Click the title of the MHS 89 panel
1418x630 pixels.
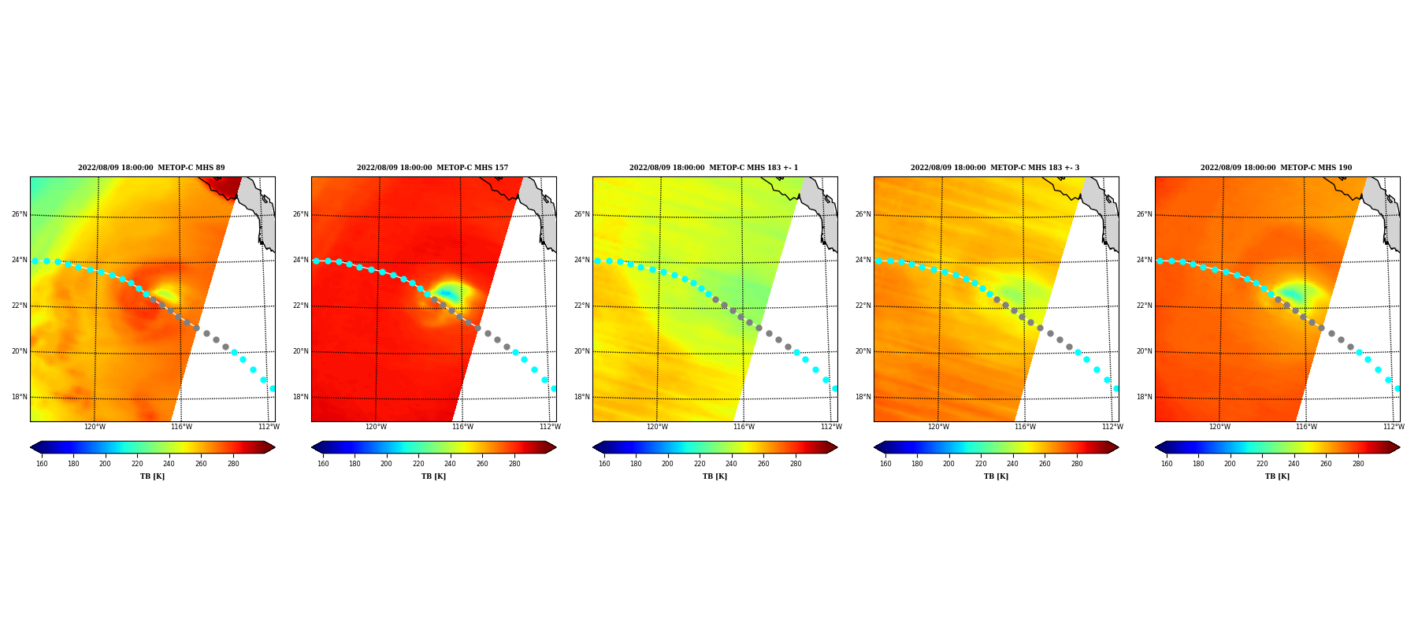coord(151,168)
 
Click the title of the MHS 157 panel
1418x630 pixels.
coord(432,168)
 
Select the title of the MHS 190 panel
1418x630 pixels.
coord(1276,168)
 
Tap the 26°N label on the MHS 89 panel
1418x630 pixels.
coord(19,214)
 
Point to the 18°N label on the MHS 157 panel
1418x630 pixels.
coord(300,397)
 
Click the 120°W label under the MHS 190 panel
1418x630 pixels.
coord(1219,427)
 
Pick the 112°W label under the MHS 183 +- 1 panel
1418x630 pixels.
coord(831,427)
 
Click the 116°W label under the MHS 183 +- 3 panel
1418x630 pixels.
coord(1025,427)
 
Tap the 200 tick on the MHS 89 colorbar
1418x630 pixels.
coord(105,464)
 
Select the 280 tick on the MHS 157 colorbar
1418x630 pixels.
coord(514,464)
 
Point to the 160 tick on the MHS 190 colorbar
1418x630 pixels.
coord(1167,464)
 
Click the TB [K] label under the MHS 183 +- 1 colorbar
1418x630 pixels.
coord(715,476)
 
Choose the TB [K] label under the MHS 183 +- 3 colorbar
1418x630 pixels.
coord(996,476)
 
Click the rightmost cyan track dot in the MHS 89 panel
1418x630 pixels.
coord(273,388)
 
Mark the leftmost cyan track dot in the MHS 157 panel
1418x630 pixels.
coord(316,261)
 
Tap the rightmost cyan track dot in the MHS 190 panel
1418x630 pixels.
coord(1398,388)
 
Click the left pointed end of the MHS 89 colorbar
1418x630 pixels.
coord(31,447)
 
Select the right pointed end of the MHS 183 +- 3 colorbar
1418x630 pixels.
coord(1118,447)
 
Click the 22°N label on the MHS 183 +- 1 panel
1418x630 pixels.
coord(581,306)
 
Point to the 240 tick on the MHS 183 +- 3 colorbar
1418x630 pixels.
coord(1012,464)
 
